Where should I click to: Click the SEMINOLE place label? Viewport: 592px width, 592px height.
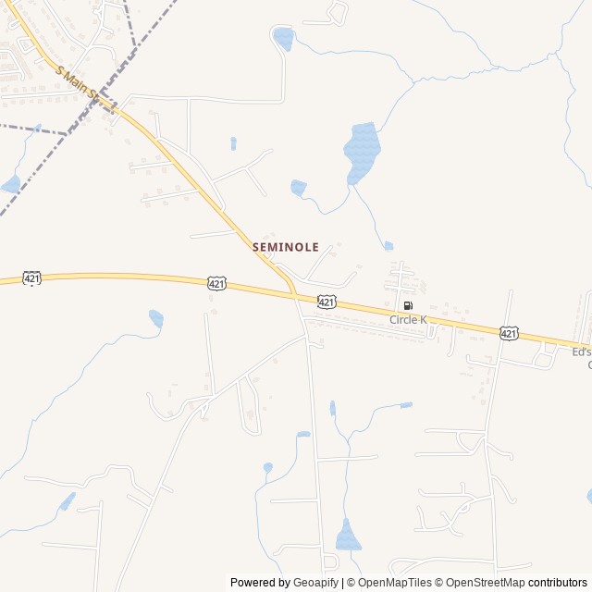(286, 248)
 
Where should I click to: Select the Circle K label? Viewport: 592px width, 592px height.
(408, 320)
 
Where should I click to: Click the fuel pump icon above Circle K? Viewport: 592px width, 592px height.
(408, 306)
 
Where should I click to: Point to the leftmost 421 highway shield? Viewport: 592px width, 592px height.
(32, 277)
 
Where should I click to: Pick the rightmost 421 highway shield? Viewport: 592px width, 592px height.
(509, 332)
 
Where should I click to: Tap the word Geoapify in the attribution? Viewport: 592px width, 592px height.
(315, 583)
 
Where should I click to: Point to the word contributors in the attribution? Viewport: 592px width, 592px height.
(558, 583)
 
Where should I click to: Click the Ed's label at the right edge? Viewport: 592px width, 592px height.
(581, 352)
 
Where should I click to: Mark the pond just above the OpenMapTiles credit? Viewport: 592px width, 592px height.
(348, 536)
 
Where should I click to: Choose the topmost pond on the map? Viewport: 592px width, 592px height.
(283, 39)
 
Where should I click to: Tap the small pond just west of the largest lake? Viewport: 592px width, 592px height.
(298, 188)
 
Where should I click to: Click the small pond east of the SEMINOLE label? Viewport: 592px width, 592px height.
(388, 246)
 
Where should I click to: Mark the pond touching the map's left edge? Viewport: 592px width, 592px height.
(10, 184)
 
